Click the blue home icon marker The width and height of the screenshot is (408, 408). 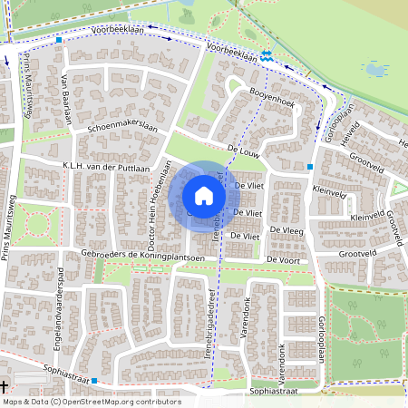[204, 195]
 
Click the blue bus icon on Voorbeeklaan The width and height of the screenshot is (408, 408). [266, 56]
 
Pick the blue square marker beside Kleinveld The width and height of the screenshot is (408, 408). [311, 167]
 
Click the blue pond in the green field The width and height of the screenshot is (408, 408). [374, 68]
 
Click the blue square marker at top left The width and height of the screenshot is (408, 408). [59, 40]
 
